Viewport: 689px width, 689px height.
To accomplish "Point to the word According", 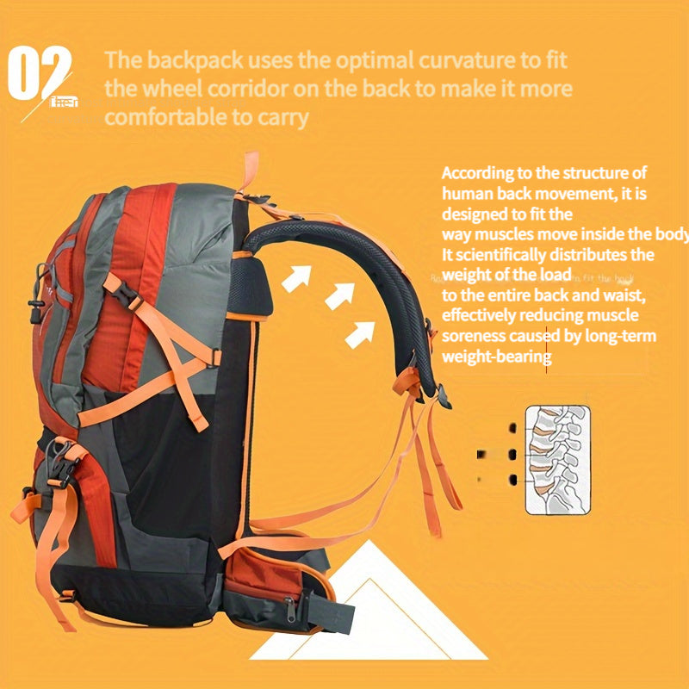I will pyautogui.click(x=480, y=173).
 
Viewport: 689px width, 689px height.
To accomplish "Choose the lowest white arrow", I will pyautogui.click(x=359, y=332).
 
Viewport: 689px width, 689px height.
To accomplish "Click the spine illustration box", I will pyautogui.click(x=556, y=460).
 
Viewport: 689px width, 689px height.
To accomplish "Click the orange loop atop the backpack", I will pyautogui.click(x=250, y=170).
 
